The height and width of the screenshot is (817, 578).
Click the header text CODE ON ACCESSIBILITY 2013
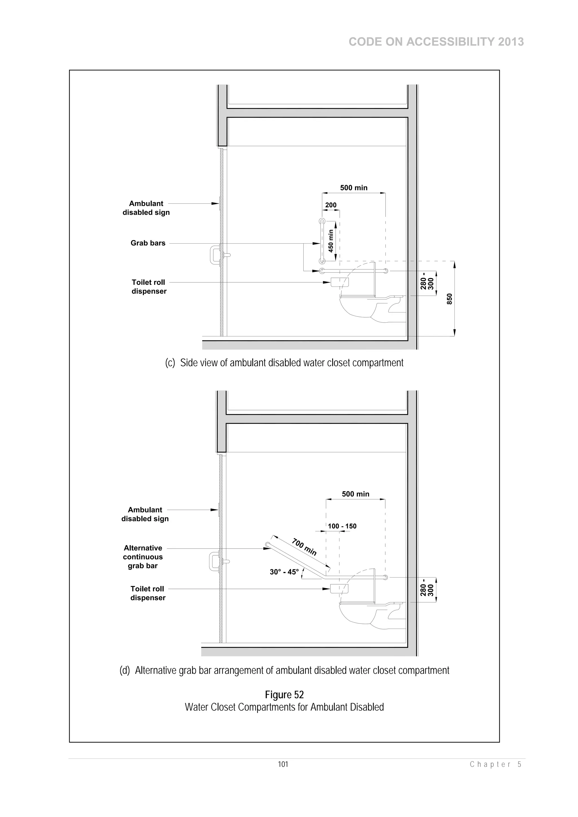click(x=436, y=42)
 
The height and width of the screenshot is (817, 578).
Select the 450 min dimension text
click(x=331, y=241)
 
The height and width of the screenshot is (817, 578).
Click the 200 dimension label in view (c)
click(x=330, y=205)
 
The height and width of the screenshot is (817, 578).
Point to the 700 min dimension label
click(x=304, y=547)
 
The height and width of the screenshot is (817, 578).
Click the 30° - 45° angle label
click(x=284, y=572)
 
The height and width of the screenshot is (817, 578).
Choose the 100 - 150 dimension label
click(x=342, y=526)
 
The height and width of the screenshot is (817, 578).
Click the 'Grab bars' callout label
click(x=148, y=243)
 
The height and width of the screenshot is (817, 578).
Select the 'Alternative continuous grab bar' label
click(x=143, y=557)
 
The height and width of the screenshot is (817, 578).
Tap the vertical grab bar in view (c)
click(x=322, y=241)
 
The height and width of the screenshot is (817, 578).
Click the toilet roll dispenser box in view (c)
click(x=340, y=282)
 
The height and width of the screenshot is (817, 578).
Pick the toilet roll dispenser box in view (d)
click(x=339, y=589)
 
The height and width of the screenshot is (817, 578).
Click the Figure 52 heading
click(x=284, y=695)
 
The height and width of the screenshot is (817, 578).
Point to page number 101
click(x=283, y=764)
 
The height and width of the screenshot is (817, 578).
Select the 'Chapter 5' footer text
click(x=496, y=764)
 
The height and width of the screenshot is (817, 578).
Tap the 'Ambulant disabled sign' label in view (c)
click(x=146, y=208)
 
